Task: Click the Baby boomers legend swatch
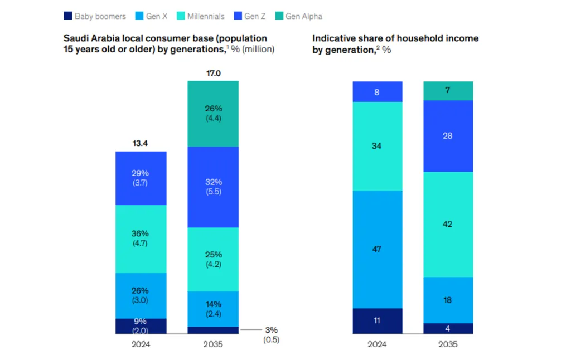pos(68,16)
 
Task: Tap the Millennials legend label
pos(205,16)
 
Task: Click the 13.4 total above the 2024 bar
pos(141,143)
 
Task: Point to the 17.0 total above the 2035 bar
pos(213,73)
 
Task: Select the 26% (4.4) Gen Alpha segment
pos(213,114)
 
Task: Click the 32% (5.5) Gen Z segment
pos(213,187)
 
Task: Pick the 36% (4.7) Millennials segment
pos(141,239)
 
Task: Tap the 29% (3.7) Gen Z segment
pos(141,178)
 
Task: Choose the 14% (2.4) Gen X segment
pos(213,309)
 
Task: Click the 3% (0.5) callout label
pos(271,335)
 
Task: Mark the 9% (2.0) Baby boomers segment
pos(141,326)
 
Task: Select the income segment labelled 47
pos(378,249)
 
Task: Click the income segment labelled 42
pos(448,224)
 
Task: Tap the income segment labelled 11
pos(378,321)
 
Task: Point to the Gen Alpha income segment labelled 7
pos(448,90)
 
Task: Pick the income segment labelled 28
pos(448,136)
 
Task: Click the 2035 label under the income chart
pos(448,344)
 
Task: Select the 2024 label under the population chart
pos(141,344)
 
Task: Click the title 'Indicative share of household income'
pos(395,38)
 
